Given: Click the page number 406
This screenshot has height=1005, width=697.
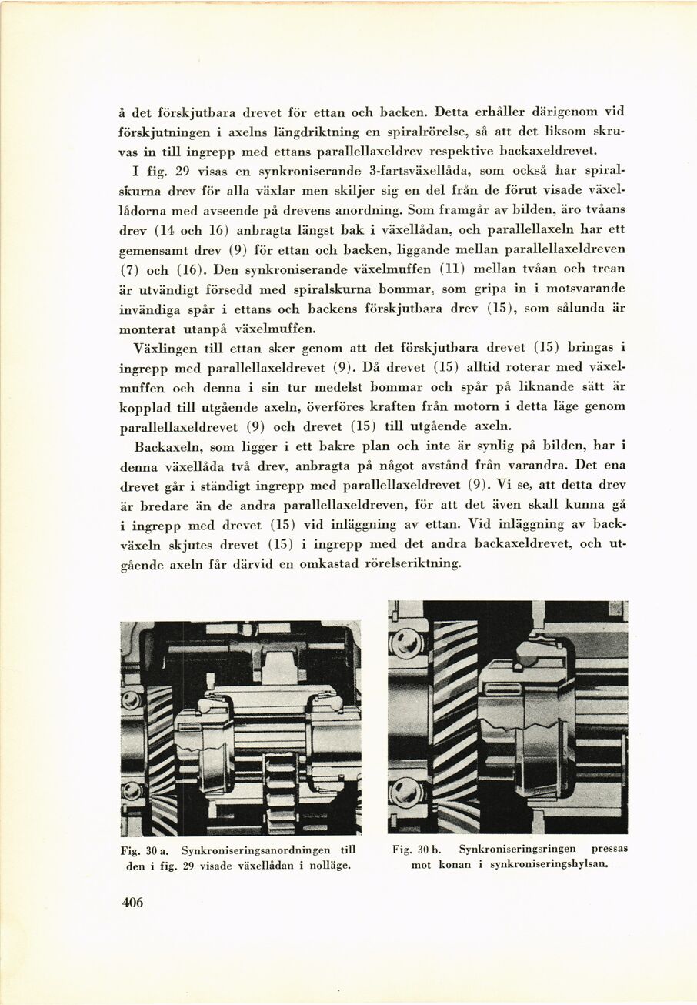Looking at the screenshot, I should click(132, 903).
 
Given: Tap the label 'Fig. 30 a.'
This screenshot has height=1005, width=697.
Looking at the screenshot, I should click(146, 850).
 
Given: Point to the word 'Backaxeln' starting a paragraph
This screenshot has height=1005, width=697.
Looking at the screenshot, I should click(165, 446).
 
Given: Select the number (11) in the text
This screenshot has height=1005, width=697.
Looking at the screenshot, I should click(452, 268).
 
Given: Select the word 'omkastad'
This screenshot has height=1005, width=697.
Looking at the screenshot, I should click(325, 564).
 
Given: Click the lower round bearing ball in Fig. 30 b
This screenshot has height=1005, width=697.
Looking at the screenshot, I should click(405, 793).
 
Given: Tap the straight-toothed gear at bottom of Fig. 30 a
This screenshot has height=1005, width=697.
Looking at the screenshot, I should click(279, 793).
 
